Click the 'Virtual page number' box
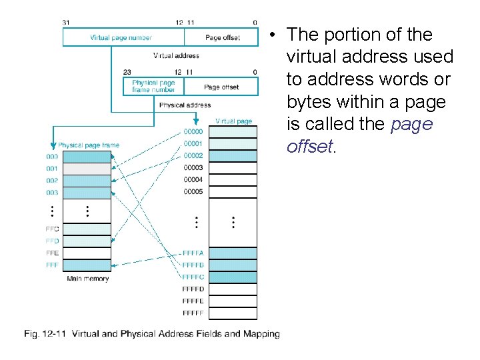(121, 37)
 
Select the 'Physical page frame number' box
(153, 86)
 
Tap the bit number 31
(65, 22)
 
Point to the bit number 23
(127, 71)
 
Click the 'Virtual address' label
(176, 55)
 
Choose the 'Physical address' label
(185, 105)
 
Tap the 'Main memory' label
(87, 279)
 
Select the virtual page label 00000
(193, 131)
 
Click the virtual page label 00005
(193, 192)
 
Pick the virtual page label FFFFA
(193, 253)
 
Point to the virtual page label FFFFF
(193, 313)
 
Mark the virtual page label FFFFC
(193, 277)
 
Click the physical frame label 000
(52, 157)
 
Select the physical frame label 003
(52, 193)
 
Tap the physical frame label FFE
(52, 253)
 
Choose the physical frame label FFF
(52, 265)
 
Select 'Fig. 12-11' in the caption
(45, 333)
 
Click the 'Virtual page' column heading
(233, 121)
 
